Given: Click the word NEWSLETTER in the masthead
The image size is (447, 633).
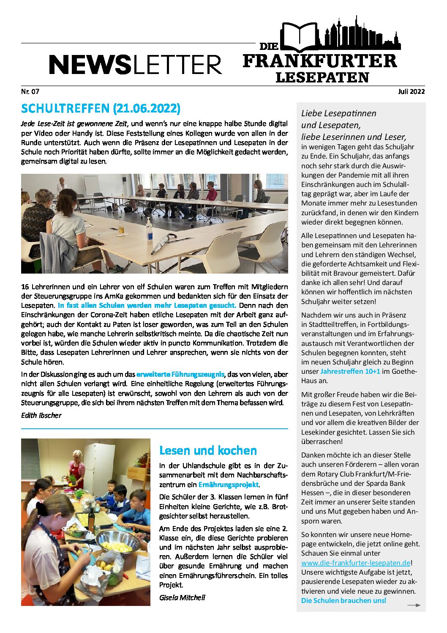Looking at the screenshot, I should click(135, 65).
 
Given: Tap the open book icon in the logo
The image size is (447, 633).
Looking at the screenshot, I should click(301, 37).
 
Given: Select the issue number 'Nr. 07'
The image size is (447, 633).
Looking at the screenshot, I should click(30, 91).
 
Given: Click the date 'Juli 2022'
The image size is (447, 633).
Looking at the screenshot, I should click(411, 91).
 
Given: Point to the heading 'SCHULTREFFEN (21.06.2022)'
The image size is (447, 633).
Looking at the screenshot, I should click(101, 109).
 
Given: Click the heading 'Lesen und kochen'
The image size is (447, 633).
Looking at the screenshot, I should click(208, 450).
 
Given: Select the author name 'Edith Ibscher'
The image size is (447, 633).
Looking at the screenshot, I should click(41, 415).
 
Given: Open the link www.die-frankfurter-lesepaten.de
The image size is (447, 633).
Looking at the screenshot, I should click(356, 563).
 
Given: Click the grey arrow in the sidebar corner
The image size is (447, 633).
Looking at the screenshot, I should click(414, 605).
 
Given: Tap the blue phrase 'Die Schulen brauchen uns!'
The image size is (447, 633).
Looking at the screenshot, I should click(343, 600).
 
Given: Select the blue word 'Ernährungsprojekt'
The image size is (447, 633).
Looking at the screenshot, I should click(228, 485).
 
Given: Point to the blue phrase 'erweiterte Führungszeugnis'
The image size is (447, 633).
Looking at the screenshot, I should click(180, 374).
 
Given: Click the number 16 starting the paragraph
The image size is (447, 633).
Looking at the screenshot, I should click(25, 287).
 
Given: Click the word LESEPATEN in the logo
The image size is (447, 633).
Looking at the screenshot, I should click(322, 77).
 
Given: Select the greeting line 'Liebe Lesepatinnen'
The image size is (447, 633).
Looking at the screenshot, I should click(338, 113).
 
